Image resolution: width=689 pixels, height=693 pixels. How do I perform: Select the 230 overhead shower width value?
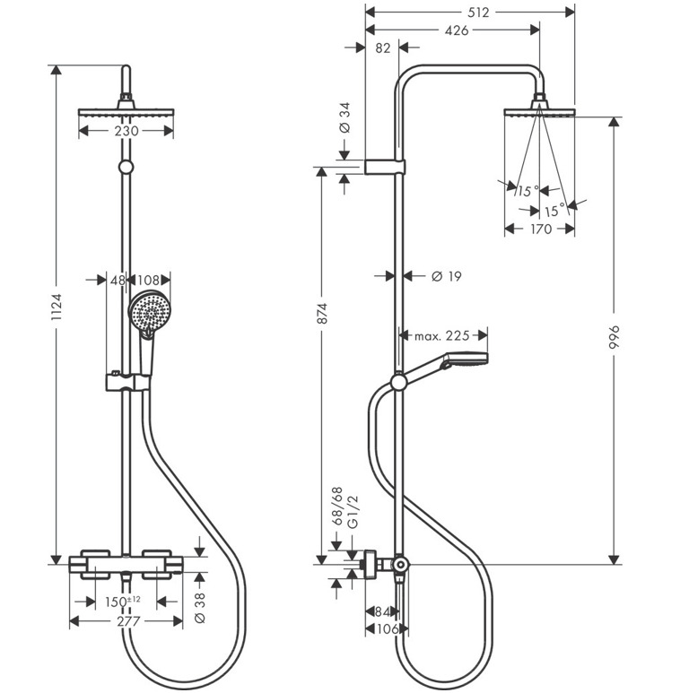[126, 131]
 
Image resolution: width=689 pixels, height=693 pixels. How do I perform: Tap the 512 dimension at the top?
[470, 13]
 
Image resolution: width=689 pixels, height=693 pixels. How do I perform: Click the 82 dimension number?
[382, 48]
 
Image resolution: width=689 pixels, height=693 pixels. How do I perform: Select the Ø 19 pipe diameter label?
[446, 276]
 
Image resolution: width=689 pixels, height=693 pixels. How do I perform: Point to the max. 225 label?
[441, 336]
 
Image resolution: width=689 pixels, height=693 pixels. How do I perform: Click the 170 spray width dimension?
[539, 229]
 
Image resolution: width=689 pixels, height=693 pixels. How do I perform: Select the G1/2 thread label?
[353, 510]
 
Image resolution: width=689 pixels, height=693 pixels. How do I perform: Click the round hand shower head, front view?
[148, 313]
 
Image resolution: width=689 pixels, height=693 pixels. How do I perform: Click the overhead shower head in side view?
[539, 110]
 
